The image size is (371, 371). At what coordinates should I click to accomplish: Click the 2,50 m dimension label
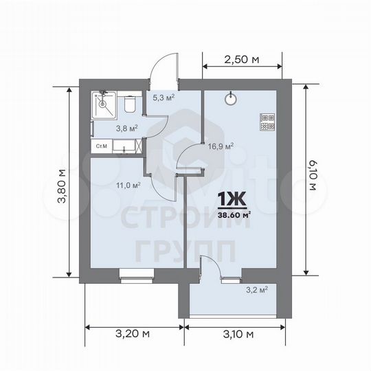coord(241,60)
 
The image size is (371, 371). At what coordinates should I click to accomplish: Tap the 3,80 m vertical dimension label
coord(62,181)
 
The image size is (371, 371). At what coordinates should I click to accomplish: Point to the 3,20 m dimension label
coord(133,335)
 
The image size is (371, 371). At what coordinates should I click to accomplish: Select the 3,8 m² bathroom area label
coord(127,128)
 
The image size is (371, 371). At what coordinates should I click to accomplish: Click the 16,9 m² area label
coord(221,146)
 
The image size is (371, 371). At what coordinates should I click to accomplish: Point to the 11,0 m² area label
coord(128,184)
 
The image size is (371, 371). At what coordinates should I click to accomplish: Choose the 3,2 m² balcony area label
coord(257,289)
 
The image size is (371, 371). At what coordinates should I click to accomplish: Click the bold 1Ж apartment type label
coord(232,199)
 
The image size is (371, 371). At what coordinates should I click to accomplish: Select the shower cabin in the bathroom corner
coord(104,104)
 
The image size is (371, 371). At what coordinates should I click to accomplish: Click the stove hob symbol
coord(267,121)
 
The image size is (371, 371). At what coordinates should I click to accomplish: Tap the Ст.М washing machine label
coord(101,146)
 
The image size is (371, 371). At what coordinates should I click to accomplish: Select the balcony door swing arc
coord(212,265)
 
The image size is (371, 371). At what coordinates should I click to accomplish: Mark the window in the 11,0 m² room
coord(131,278)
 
